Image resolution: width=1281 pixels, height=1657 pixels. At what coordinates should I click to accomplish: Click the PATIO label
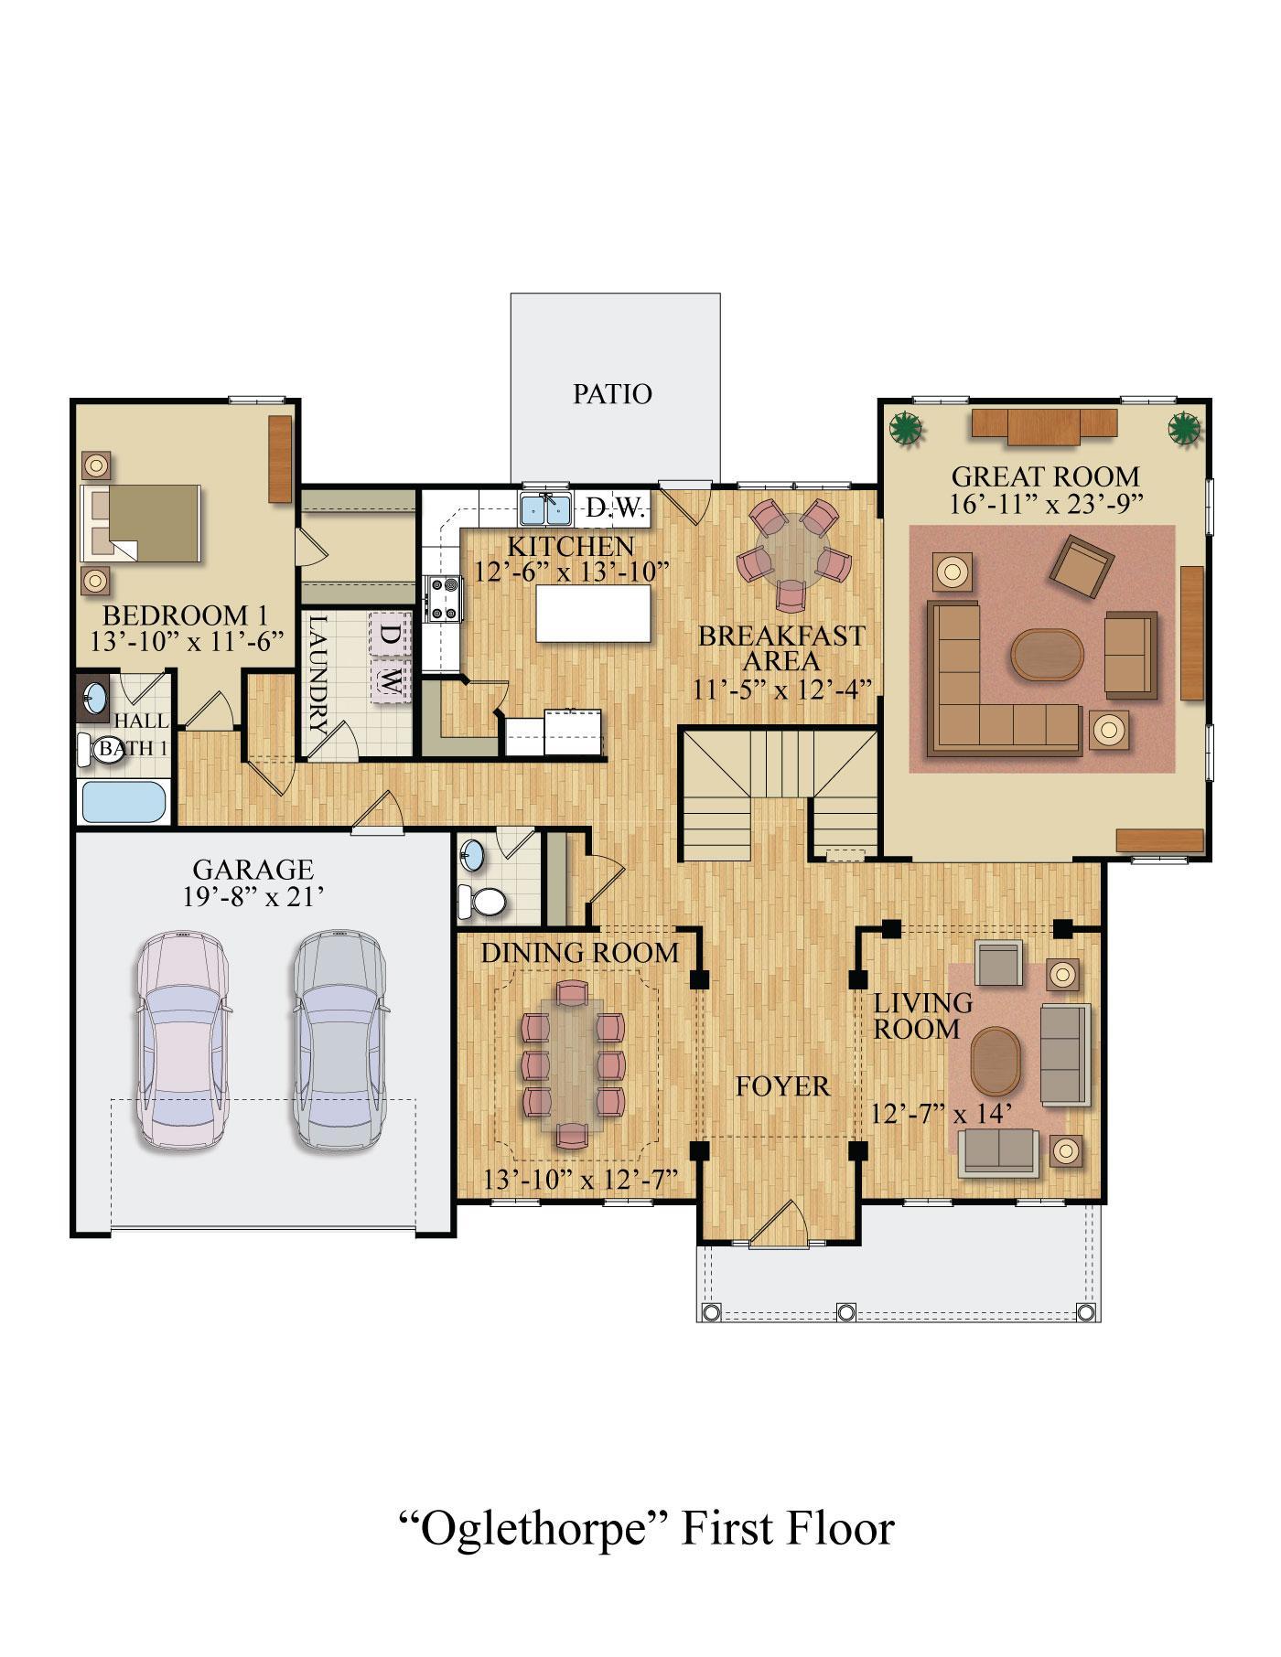tap(612, 394)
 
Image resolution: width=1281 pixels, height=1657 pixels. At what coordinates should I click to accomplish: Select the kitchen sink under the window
tap(546, 508)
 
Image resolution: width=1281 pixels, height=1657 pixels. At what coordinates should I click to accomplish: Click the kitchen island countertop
tap(593, 614)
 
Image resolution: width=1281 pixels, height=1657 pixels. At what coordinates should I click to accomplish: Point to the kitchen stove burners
tap(444, 598)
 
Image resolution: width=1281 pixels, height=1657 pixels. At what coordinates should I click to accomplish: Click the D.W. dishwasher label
tap(616, 508)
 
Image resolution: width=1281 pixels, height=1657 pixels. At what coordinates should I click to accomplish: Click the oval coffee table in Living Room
tap(996, 1060)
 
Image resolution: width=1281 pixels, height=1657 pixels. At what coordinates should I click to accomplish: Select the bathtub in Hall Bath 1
tap(125, 802)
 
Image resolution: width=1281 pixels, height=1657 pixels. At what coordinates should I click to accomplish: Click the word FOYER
tap(783, 1086)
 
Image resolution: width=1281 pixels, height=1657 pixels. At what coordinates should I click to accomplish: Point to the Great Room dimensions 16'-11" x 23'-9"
tap(1046, 504)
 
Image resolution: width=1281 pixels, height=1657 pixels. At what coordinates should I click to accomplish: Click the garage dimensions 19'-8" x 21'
tap(253, 895)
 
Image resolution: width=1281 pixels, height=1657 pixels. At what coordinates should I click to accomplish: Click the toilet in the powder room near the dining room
tap(482, 902)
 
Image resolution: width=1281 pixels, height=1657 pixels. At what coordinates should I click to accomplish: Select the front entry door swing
tap(776, 1224)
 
